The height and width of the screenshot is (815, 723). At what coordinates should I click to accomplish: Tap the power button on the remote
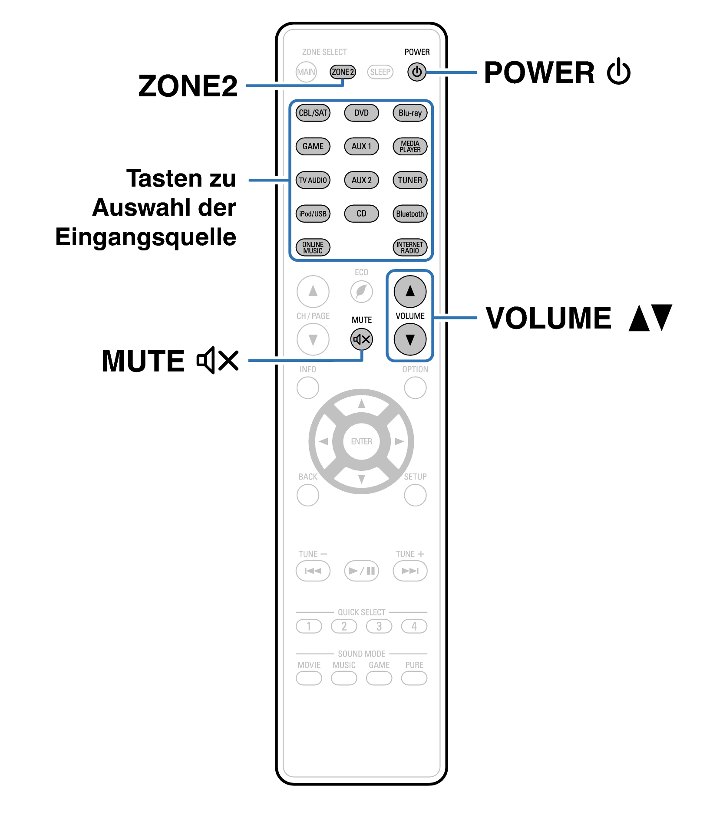(x=416, y=72)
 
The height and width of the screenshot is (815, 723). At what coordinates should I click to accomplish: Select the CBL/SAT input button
(x=313, y=113)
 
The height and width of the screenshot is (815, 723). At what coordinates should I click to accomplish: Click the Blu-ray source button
(x=410, y=113)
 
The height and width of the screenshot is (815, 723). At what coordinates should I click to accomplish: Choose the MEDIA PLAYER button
(x=410, y=146)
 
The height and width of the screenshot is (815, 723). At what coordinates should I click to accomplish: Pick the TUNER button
(x=410, y=180)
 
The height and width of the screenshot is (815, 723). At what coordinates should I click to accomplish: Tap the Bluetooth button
(x=410, y=214)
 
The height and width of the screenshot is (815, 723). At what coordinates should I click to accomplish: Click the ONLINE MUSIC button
(x=313, y=247)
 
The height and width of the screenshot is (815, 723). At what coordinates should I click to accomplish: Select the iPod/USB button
(x=313, y=214)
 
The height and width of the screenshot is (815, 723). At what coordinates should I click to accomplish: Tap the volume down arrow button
(x=410, y=339)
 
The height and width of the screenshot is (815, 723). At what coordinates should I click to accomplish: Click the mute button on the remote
(x=361, y=339)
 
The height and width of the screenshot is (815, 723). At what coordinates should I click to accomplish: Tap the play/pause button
(x=361, y=571)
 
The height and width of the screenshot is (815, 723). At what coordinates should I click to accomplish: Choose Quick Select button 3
(x=379, y=626)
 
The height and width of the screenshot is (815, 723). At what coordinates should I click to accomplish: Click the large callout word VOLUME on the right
(x=548, y=318)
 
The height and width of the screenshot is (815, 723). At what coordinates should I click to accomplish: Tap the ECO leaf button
(x=361, y=291)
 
